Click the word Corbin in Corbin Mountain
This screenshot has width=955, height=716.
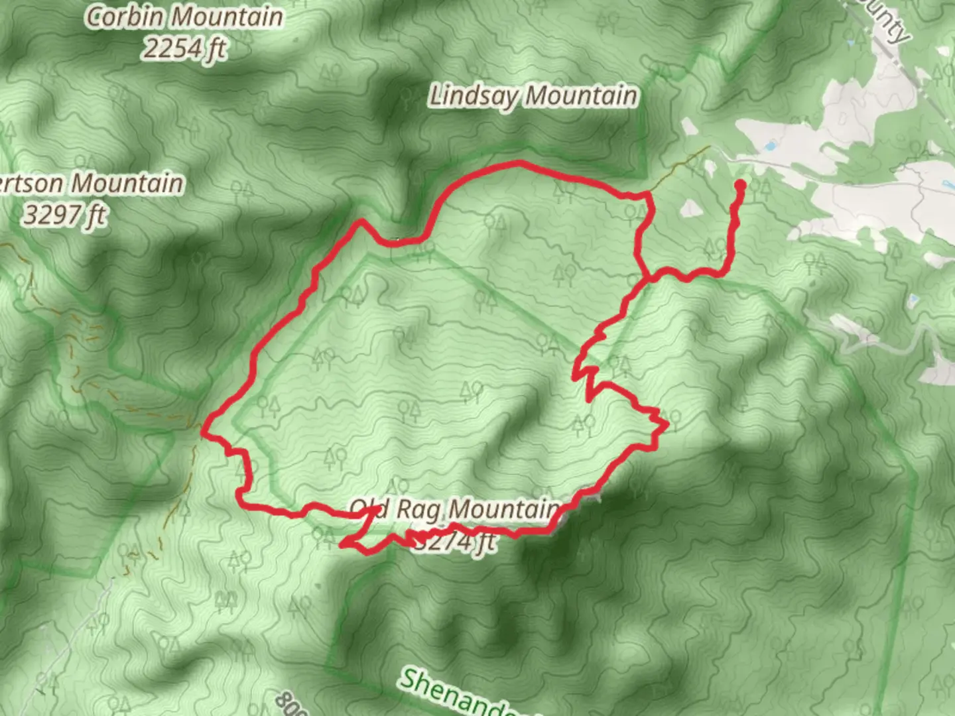127,17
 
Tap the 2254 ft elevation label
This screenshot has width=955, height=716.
184,48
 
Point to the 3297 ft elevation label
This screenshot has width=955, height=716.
65,215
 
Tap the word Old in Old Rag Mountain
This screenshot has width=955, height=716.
369,509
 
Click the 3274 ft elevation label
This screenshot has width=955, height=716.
454,542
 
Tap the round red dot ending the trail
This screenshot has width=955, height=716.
739,186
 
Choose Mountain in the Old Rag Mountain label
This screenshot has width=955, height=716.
504,510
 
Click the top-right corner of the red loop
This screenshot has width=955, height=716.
647,195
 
